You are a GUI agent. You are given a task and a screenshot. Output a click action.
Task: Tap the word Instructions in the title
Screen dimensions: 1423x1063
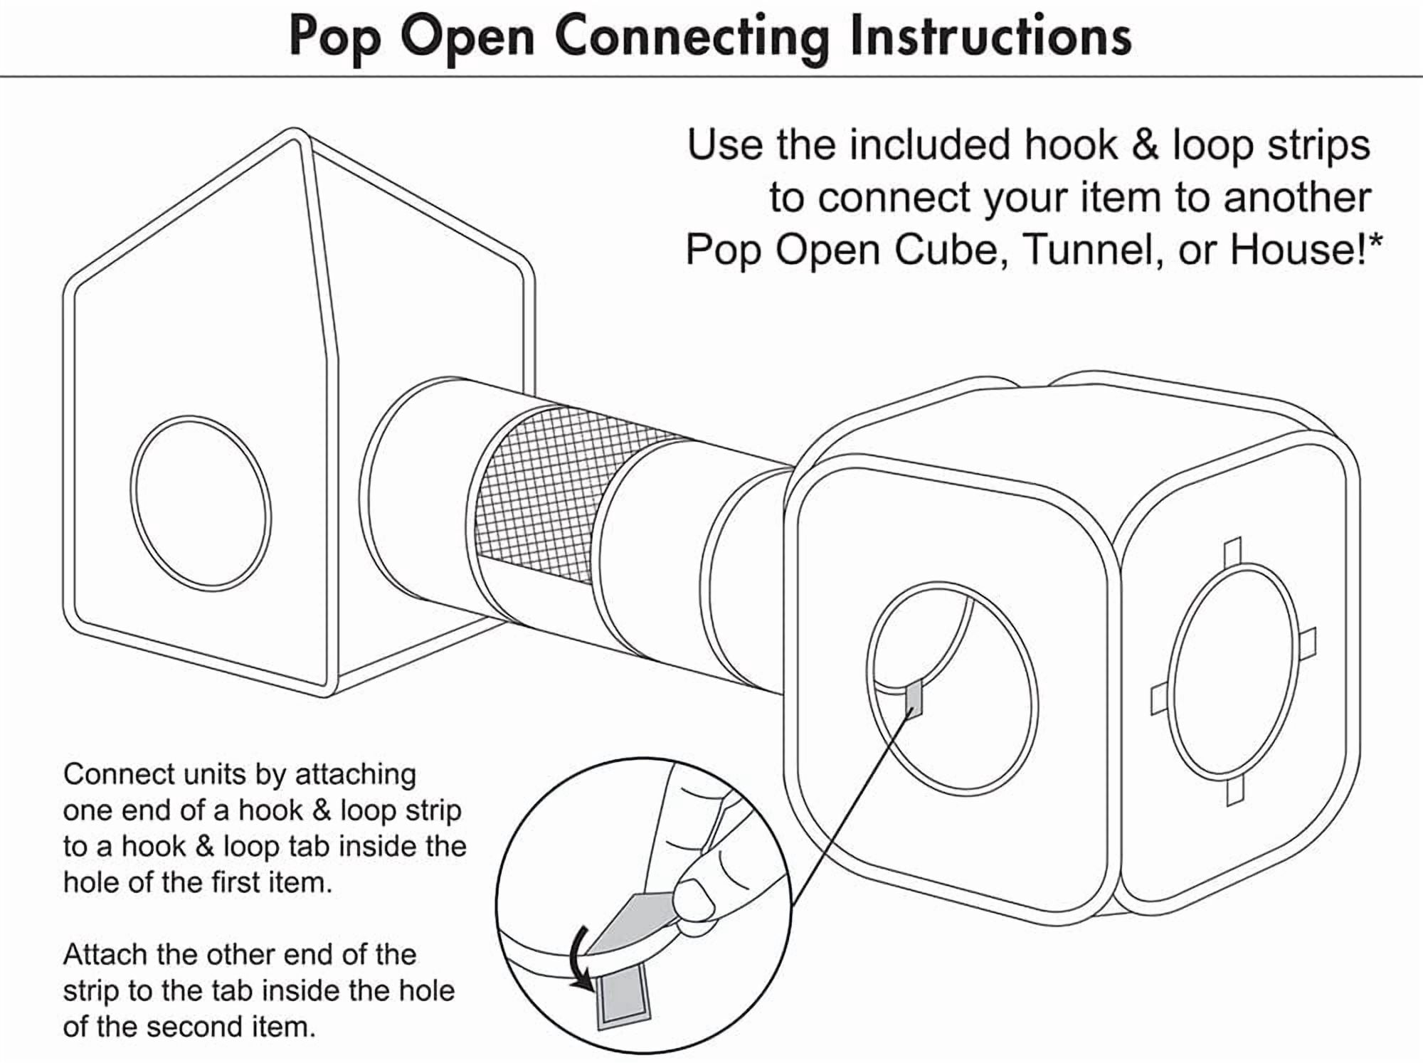pos(990,36)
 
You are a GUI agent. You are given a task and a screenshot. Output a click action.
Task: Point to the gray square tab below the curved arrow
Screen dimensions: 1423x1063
pos(623,999)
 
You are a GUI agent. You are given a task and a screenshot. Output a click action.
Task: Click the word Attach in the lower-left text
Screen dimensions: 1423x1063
pos(106,955)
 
